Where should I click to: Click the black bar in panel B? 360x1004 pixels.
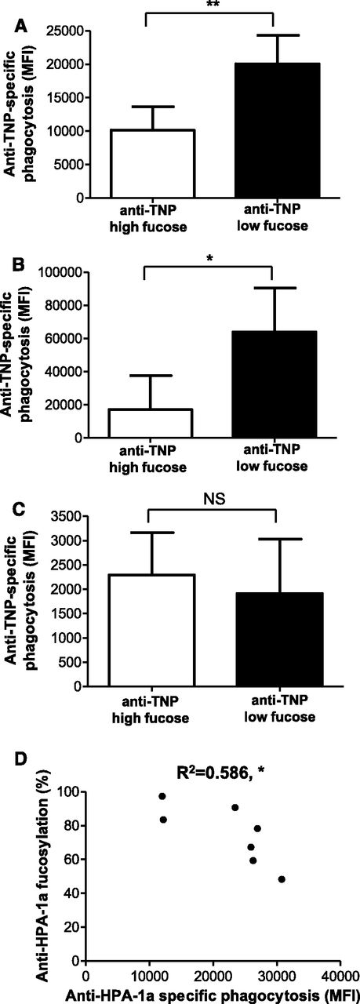click(271, 384)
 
